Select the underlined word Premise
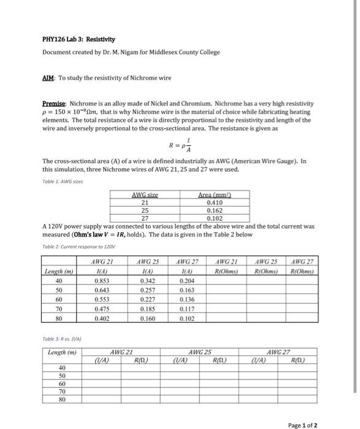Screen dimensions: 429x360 54,104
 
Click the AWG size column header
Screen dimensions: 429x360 145,194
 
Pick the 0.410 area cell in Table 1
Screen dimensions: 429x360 215,202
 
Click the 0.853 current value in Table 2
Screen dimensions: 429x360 102,280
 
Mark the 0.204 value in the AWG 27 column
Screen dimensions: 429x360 188,280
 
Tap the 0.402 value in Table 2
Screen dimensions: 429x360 102,319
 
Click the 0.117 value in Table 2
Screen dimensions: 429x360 188,309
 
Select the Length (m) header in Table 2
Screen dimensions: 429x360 59,271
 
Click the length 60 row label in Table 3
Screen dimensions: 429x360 61,382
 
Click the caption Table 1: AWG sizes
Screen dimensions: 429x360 64,182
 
